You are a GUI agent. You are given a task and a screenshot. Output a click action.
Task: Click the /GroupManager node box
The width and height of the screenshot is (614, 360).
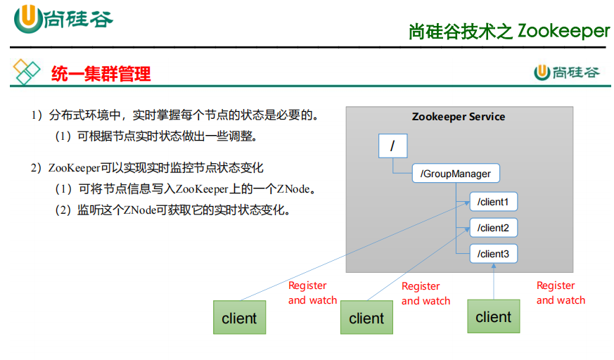(x=456, y=173)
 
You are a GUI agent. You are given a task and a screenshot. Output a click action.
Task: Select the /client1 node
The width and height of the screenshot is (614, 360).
(x=493, y=202)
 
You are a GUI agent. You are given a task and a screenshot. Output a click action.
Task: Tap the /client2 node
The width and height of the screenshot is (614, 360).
(x=493, y=228)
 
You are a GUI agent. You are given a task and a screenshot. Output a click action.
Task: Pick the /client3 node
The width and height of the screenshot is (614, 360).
(x=493, y=253)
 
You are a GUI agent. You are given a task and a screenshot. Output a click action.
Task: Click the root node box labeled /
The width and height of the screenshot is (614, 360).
(x=392, y=146)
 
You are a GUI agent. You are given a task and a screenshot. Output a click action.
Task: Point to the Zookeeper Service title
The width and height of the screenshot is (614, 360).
(x=459, y=117)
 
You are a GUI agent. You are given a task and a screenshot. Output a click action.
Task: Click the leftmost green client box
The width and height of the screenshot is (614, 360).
(x=239, y=318)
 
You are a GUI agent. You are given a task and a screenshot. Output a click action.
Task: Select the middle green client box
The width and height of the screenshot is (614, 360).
(x=366, y=319)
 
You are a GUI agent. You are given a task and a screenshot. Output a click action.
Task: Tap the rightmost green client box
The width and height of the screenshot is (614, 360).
(x=493, y=317)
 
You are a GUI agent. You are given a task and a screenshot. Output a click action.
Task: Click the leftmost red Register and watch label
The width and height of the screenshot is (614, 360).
(x=312, y=293)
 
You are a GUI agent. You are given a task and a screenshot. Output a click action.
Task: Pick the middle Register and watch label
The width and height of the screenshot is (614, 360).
(x=426, y=294)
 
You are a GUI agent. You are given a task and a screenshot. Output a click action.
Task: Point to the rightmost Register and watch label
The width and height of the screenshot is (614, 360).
(x=561, y=292)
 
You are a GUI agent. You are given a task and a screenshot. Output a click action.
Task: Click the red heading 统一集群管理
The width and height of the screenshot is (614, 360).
(x=101, y=73)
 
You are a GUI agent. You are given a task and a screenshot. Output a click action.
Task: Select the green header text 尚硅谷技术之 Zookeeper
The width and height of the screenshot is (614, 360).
(x=509, y=31)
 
